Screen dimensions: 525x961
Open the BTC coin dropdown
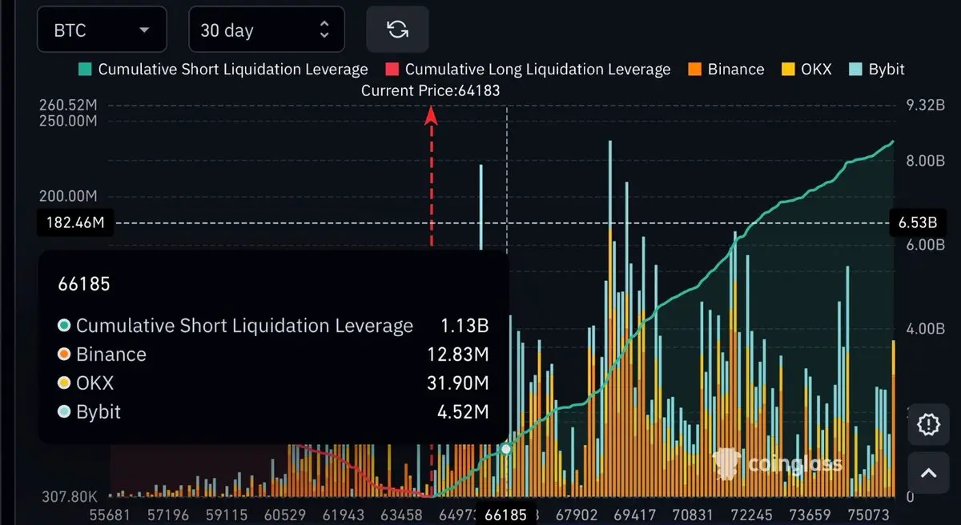(x=102, y=30)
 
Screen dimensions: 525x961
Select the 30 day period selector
(x=266, y=30)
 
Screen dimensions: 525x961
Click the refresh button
(x=397, y=30)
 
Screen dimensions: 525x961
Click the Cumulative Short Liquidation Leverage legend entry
(x=223, y=69)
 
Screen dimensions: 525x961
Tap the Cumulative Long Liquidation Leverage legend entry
(x=529, y=69)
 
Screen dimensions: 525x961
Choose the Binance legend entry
(x=727, y=69)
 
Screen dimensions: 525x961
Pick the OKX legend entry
(x=807, y=69)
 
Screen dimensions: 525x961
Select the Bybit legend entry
(x=877, y=69)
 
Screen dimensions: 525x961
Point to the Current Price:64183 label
(x=430, y=90)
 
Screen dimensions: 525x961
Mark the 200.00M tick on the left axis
(x=68, y=195)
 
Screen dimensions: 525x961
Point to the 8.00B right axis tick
(x=916, y=160)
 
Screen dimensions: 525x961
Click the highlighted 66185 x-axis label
(x=506, y=514)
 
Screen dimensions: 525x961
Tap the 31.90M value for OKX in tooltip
(x=458, y=383)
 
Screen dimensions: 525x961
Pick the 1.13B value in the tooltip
(x=464, y=326)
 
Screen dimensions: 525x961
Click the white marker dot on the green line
(x=506, y=449)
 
